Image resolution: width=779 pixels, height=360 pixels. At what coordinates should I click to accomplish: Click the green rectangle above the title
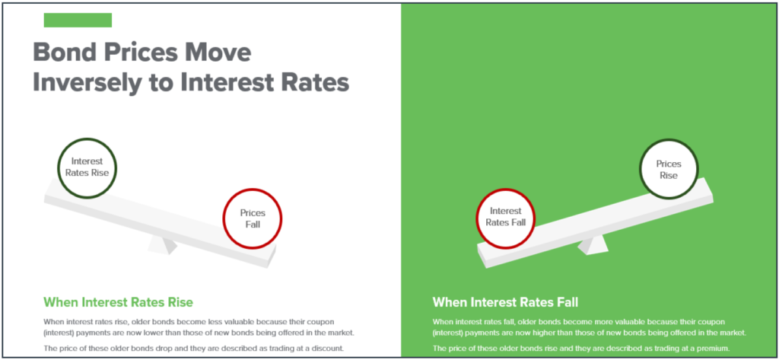coord(78,20)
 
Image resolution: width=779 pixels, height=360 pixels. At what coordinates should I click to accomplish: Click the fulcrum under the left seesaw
coord(163,244)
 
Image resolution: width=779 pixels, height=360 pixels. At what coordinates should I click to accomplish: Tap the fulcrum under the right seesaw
coord(592,245)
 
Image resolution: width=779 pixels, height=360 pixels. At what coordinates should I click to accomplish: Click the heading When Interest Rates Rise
coord(118,302)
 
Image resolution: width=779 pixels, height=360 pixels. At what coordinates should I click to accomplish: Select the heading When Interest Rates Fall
coord(505,302)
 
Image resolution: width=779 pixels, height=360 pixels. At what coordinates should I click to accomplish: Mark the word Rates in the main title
coord(313,82)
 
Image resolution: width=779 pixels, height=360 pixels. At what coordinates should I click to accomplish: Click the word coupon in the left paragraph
coord(331,322)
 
